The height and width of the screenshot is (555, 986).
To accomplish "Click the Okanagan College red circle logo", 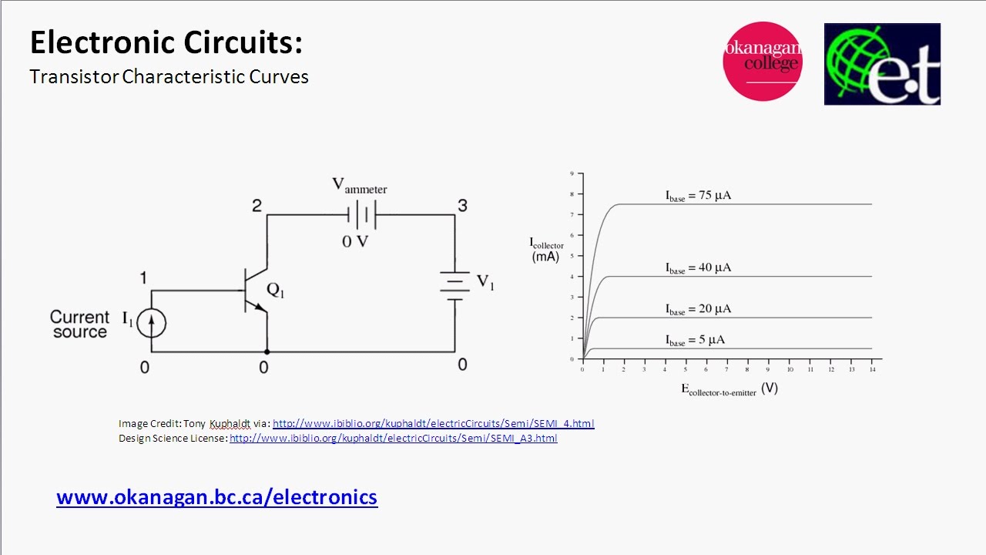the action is click(x=763, y=61).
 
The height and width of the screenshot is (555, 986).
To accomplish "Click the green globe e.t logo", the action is click(x=882, y=64).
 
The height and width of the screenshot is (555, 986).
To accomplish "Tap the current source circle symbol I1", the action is click(x=152, y=323).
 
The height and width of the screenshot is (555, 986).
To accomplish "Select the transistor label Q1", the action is click(x=276, y=290).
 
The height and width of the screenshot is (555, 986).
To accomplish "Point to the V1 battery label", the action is click(x=485, y=282).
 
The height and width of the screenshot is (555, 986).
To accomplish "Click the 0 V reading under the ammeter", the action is click(x=355, y=241).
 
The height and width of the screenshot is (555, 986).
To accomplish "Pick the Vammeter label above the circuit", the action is click(x=359, y=186).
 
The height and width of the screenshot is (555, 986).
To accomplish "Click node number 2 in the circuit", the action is click(x=257, y=206).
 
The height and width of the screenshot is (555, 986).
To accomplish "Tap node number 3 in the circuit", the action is click(x=462, y=205).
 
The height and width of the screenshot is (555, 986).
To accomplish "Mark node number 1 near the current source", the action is click(x=143, y=278).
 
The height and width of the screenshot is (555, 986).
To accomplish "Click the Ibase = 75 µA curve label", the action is click(x=698, y=196).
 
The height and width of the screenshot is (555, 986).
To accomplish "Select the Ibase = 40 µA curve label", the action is click(x=698, y=267).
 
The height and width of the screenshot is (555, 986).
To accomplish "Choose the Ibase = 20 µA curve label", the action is click(x=698, y=309).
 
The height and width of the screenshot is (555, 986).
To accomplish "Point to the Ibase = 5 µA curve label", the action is click(x=695, y=340).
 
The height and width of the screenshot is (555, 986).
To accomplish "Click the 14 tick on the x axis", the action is click(x=873, y=369).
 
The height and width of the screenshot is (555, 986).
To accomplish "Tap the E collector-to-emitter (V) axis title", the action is click(x=729, y=389).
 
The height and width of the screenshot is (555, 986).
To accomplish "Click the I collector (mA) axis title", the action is click(x=546, y=250).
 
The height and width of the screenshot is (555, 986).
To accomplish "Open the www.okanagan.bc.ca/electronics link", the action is click(x=217, y=497).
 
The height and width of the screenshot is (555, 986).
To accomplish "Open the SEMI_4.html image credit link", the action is click(x=434, y=423).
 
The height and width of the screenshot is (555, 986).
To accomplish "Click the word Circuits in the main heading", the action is click(x=243, y=42).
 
